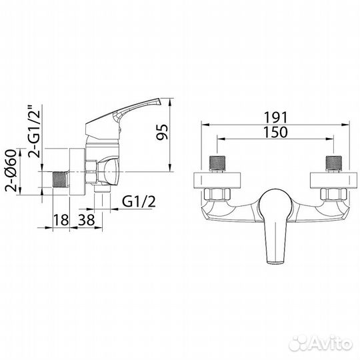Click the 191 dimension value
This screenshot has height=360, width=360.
[275, 117]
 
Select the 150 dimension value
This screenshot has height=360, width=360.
[275, 132]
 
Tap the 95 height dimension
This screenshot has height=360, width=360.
[162, 132]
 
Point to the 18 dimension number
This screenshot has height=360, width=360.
[61, 220]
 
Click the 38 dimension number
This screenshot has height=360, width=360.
[86, 220]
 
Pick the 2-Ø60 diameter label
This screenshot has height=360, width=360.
[11, 171]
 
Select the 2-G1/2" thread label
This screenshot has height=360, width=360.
[34, 131]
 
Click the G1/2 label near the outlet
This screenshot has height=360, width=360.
[139, 201]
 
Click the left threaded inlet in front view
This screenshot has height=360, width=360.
[217, 164]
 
